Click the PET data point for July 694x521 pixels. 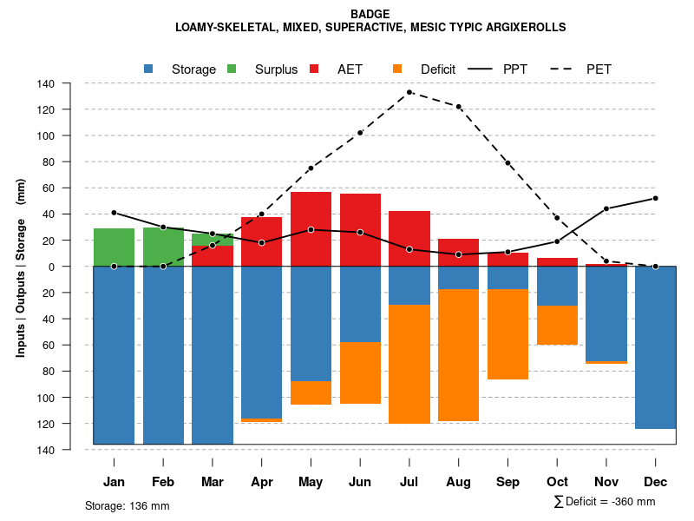point(409,92)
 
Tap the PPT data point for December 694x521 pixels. point(656,198)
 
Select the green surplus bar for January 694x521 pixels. point(114,247)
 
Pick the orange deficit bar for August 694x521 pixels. point(459,355)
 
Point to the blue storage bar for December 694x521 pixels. point(656,347)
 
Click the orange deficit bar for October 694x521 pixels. point(557,325)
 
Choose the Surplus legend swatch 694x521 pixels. point(232,69)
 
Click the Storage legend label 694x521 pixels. point(193,69)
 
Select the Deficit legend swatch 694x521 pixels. point(397,69)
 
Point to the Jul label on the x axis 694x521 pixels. point(409,482)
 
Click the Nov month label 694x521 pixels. point(606,482)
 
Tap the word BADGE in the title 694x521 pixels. point(370,14)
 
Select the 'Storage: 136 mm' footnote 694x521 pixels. point(128,505)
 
